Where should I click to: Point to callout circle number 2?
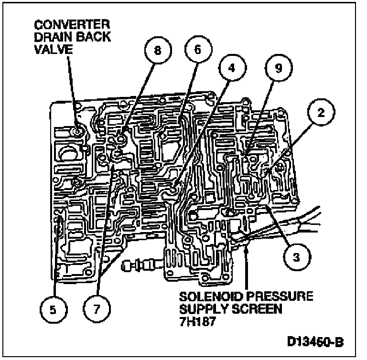322,113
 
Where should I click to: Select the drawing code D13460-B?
314,342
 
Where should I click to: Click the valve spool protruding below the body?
141,264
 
